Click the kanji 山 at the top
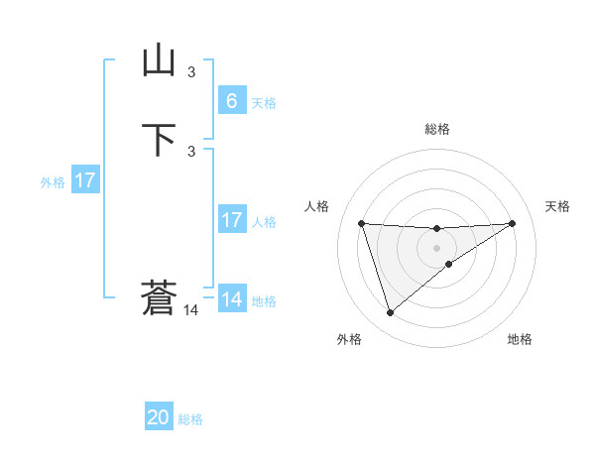159,61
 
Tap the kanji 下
159,140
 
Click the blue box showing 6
231,101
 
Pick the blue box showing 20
159,417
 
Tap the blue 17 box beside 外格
85,180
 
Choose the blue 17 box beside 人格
231,220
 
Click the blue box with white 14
231,299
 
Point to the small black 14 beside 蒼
191,310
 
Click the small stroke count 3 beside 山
191,72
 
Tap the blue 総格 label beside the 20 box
190,419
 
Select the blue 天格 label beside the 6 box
263,103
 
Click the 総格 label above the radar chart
437,129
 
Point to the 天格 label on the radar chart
557,206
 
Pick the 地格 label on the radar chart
520,339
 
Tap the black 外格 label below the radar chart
349,339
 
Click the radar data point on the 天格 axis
512,223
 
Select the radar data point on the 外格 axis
390,313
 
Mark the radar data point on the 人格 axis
362,223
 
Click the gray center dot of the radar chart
437,247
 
